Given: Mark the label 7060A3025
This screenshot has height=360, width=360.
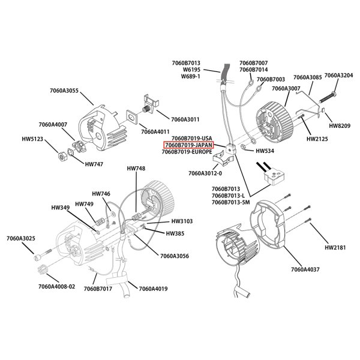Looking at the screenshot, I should point(21,239).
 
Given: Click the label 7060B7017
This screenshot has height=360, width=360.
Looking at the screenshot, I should point(98,289).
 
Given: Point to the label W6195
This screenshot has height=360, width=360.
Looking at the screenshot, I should point(191,70).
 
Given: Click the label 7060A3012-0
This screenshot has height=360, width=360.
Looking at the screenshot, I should point(205,173).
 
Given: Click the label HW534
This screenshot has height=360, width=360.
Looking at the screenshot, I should point(265,151).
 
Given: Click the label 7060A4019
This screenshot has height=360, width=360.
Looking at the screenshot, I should point(153,289).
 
